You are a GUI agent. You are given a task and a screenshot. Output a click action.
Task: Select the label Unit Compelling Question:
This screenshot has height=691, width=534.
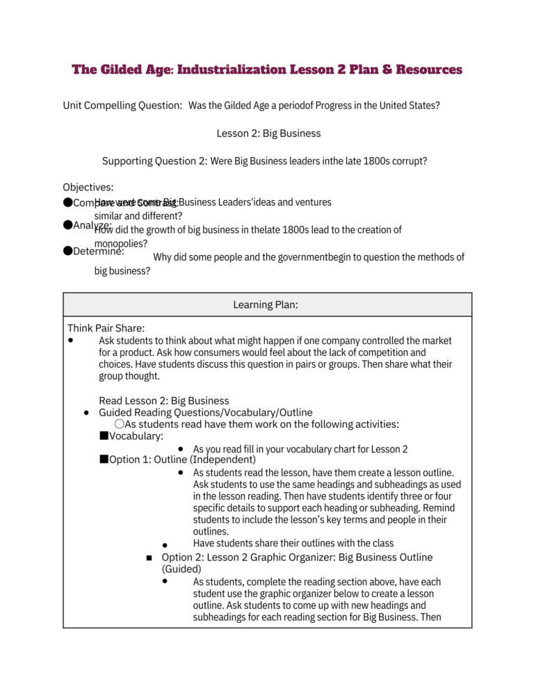123,105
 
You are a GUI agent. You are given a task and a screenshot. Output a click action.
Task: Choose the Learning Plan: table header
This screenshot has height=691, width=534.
268,304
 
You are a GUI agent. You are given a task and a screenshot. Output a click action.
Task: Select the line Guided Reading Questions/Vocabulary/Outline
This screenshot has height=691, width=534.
206,412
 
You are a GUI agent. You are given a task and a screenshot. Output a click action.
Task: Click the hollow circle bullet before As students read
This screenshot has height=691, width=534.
120,424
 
